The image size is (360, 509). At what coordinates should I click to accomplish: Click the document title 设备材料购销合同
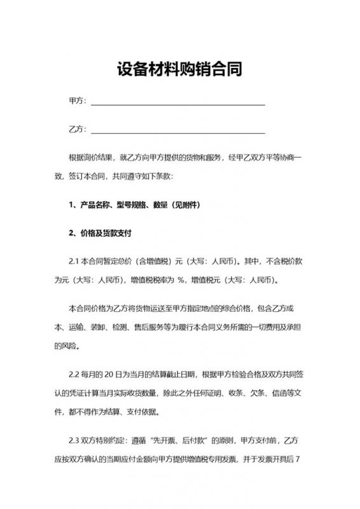179,69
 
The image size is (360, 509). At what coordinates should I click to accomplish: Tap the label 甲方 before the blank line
76,101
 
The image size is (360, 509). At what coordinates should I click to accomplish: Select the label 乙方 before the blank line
76,130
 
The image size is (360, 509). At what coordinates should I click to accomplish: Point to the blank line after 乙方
178,132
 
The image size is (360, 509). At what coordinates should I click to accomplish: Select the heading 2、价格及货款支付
99,233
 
